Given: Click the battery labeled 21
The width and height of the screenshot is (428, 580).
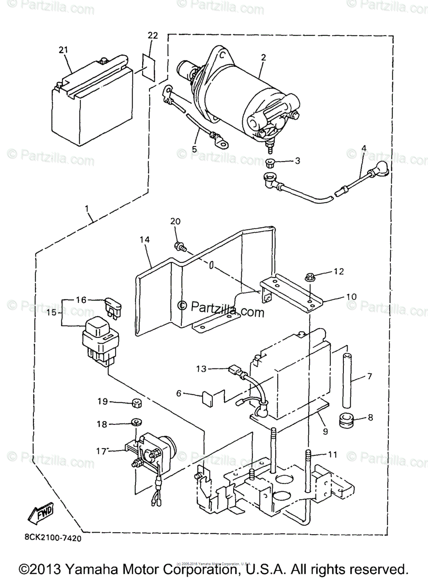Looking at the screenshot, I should (x=92, y=97).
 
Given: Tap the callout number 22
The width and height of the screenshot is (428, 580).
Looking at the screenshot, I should (x=153, y=36).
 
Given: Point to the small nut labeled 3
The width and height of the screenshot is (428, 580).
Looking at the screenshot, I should (x=271, y=161).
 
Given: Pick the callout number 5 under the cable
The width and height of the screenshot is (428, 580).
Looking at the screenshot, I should (x=194, y=149).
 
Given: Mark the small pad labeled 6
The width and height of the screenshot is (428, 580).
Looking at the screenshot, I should (x=207, y=399).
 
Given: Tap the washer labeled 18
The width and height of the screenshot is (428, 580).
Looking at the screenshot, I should (x=135, y=423).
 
